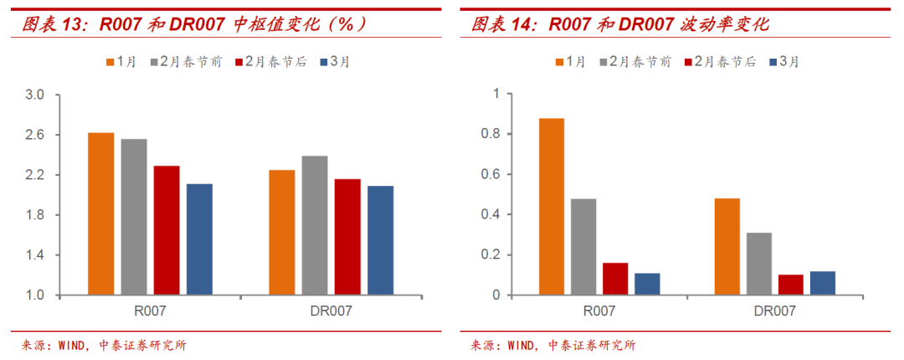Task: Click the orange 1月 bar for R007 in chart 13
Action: click(x=101, y=213)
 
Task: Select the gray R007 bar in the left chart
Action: click(x=134, y=217)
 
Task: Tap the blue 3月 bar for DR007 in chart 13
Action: click(x=380, y=240)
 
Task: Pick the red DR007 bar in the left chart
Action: click(x=347, y=237)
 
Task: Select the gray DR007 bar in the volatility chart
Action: click(x=759, y=264)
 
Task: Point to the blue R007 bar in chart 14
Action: click(x=647, y=284)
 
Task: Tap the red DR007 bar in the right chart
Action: click(x=791, y=285)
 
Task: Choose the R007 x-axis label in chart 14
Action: click(x=599, y=311)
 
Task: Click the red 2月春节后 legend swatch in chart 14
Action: click(x=690, y=62)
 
